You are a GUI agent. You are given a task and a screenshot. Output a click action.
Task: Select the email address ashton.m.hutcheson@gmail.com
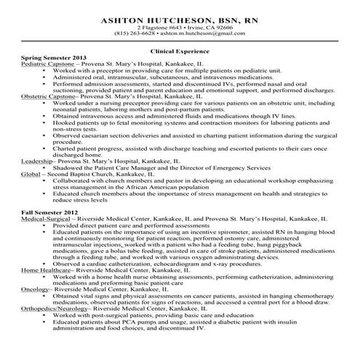click(201, 33)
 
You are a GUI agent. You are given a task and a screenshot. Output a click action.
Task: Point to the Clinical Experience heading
click(180, 52)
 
